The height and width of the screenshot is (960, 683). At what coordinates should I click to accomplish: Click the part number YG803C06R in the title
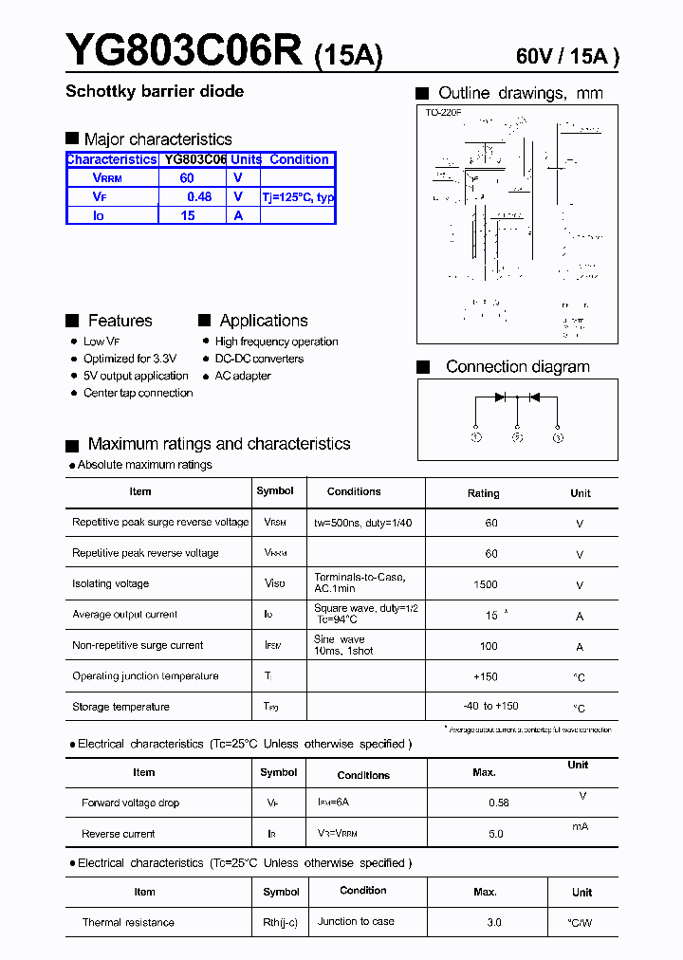184,50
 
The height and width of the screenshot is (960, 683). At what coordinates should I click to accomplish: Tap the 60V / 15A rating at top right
566,56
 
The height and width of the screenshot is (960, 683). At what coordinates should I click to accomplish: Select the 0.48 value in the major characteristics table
199,196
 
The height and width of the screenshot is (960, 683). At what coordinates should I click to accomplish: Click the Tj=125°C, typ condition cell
298,197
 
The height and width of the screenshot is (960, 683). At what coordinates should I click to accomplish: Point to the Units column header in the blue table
246,159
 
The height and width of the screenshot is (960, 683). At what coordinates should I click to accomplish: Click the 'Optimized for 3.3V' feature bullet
130,359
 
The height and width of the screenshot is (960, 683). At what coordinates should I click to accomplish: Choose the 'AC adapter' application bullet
243,376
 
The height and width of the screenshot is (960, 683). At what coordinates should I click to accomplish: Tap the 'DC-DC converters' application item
259,359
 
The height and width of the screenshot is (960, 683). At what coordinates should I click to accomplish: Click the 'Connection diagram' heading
517,366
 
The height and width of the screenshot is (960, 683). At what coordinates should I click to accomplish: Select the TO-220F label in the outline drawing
443,113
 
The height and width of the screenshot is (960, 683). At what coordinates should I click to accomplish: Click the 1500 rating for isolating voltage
485,584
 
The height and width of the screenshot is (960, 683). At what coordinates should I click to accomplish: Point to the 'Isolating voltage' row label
110,583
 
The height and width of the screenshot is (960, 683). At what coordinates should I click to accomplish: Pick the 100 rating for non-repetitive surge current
489,646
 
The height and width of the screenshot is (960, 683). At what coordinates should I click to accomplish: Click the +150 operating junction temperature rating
486,676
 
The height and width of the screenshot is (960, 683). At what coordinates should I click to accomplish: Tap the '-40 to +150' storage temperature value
490,707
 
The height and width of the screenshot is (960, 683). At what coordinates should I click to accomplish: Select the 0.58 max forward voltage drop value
498,803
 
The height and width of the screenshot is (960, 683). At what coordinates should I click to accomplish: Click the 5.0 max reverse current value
495,834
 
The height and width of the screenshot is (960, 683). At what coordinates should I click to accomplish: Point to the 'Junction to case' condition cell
356,921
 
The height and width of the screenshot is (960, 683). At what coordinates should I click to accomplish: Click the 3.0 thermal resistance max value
493,922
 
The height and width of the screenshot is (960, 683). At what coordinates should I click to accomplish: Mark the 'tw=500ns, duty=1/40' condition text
362,523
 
